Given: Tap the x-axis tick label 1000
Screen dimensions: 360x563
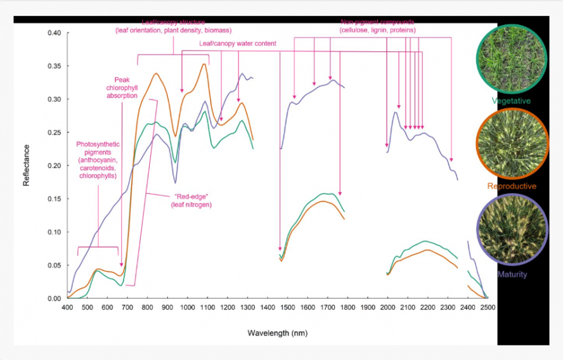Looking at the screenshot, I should [187, 307].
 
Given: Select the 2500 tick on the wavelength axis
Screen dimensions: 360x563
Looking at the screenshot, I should [487, 307].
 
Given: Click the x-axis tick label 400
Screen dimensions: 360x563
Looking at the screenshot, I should [67, 307].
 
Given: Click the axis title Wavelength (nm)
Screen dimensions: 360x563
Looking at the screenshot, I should [277, 333].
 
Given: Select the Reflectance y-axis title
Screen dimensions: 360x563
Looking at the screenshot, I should [26, 165].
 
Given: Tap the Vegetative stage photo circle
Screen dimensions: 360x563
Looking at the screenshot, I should [511, 58].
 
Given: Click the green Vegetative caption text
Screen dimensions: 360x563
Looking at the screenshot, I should [511, 101].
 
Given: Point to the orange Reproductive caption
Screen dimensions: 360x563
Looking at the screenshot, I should [511, 186].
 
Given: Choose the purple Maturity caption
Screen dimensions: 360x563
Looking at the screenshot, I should [511, 274].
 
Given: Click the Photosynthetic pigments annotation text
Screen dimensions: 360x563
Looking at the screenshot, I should [98, 160].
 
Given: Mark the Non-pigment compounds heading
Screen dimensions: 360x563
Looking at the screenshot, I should [377, 26].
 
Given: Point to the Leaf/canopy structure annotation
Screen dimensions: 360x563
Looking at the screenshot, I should [173, 26].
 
